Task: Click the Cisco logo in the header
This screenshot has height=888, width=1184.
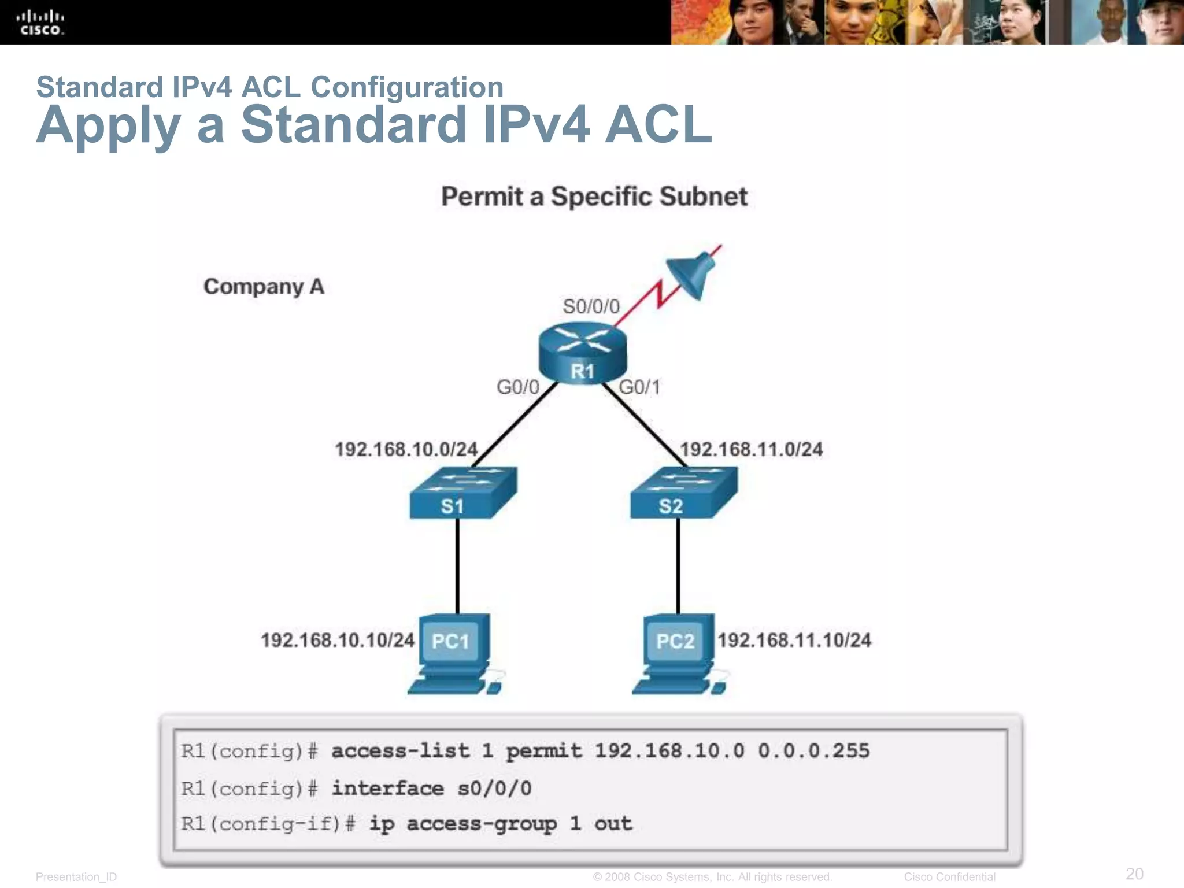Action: (40, 23)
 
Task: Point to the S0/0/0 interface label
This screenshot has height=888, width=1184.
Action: (591, 306)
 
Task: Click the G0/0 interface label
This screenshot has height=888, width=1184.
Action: (517, 387)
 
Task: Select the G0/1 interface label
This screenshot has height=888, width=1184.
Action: (639, 387)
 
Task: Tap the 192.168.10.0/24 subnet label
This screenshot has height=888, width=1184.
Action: (406, 449)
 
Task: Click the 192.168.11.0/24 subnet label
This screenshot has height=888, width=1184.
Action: (751, 449)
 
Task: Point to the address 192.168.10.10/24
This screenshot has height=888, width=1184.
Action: (337, 640)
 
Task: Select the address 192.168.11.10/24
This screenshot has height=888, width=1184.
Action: (794, 640)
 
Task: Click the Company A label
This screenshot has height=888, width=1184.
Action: (264, 287)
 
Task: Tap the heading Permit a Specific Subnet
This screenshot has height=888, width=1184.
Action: (594, 197)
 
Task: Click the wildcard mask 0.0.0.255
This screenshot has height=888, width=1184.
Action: (813, 750)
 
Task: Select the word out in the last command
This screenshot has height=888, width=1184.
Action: (613, 823)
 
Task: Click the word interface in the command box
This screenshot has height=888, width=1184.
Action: (387, 788)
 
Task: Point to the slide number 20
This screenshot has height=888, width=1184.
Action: (1134, 874)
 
